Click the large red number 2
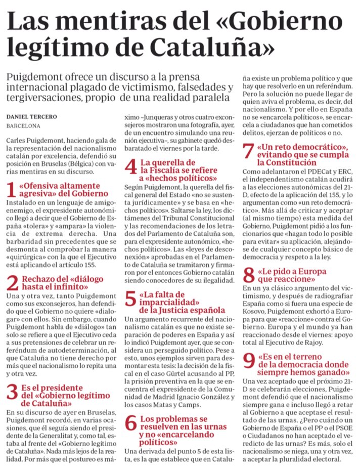[x=13, y=283]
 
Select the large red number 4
[x=131, y=167]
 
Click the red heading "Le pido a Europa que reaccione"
[x=293, y=275]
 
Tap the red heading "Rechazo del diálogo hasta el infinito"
[x=61, y=283]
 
